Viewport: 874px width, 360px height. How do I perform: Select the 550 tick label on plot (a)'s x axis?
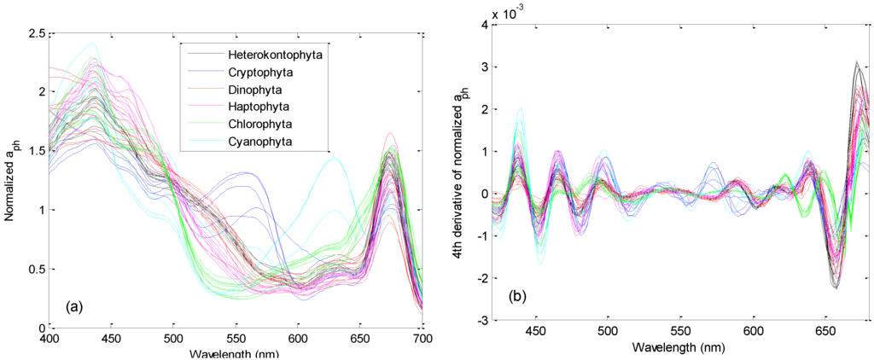pyautogui.click(x=236, y=339)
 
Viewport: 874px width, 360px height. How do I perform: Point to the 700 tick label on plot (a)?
pyautogui.click(x=422, y=339)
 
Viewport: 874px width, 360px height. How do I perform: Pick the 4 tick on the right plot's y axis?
pyautogui.click(x=483, y=24)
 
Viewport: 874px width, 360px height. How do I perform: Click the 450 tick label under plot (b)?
pyautogui.click(x=535, y=331)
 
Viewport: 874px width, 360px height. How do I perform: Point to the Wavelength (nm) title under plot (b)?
pyautogui.click(x=679, y=349)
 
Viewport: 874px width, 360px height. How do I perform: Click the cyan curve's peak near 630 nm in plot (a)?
pyautogui.click(x=334, y=158)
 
